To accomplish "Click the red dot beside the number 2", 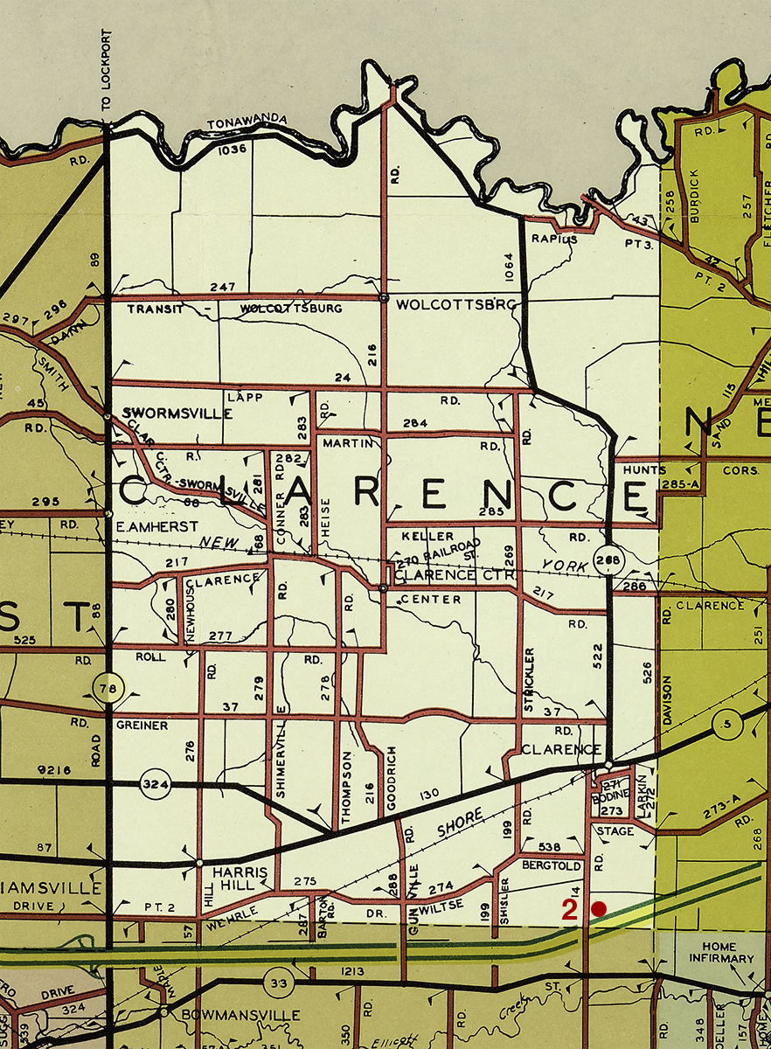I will tap(598, 909).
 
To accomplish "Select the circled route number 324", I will tap(155, 785).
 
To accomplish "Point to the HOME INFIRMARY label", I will tap(714, 952).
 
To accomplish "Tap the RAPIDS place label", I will tap(552, 239).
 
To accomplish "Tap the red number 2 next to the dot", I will tap(569, 910).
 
